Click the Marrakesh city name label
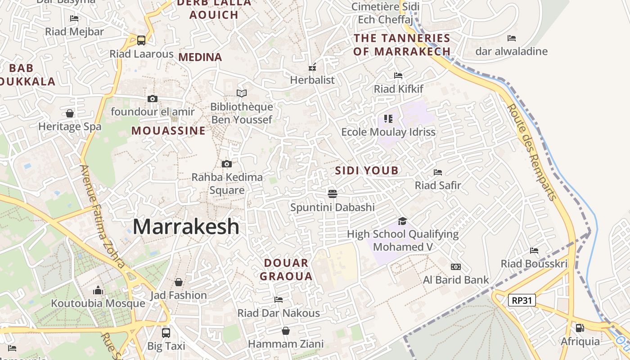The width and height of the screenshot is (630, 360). click(186, 226)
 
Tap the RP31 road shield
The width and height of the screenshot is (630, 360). click(522, 300)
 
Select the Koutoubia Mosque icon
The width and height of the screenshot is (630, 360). click(98, 290)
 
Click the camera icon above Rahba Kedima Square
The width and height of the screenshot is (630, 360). click(227, 164)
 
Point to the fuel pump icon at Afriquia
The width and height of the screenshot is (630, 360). click(580, 328)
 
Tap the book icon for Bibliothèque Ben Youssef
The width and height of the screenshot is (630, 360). click(242, 93)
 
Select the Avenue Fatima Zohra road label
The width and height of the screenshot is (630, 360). click(102, 216)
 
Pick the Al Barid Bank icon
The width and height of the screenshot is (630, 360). click(455, 267)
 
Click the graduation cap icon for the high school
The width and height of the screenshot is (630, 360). click(402, 221)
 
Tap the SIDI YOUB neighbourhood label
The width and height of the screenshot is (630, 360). click(367, 171)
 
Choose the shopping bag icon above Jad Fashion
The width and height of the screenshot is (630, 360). click(179, 282)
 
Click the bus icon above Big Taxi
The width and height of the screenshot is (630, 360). click(166, 333)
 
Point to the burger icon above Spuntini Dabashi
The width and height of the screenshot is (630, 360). click(333, 194)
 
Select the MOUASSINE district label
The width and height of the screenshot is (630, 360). click(168, 131)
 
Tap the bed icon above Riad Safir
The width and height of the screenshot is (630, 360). click(437, 172)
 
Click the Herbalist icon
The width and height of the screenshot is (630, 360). click(312, 67)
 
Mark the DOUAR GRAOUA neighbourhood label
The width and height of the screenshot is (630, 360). click(286, 270)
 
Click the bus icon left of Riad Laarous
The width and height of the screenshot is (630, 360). click(141, 40)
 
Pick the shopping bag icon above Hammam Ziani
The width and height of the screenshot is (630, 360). click(285, 331)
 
